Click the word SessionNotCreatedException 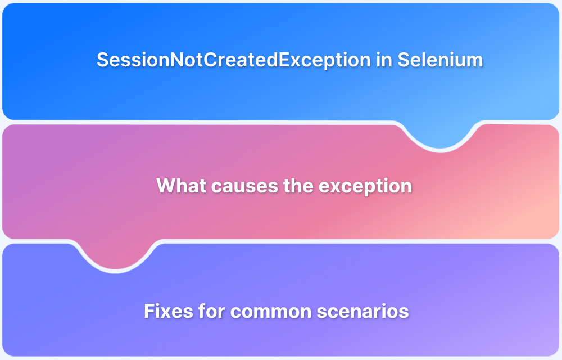234,60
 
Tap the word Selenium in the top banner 440,60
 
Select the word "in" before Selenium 384,60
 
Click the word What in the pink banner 179,186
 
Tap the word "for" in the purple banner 206,310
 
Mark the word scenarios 360,310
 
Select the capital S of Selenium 403,60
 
